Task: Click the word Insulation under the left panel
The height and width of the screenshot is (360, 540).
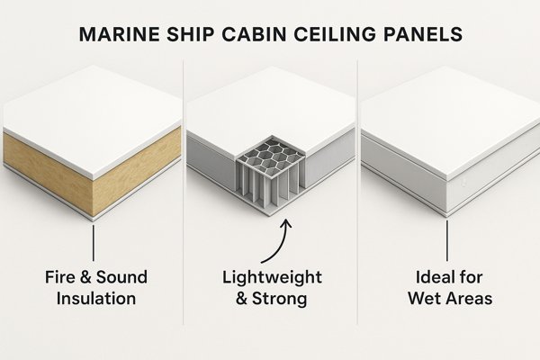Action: (x=94, y=297)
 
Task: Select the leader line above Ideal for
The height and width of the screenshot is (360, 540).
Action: (x=447, y=240)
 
